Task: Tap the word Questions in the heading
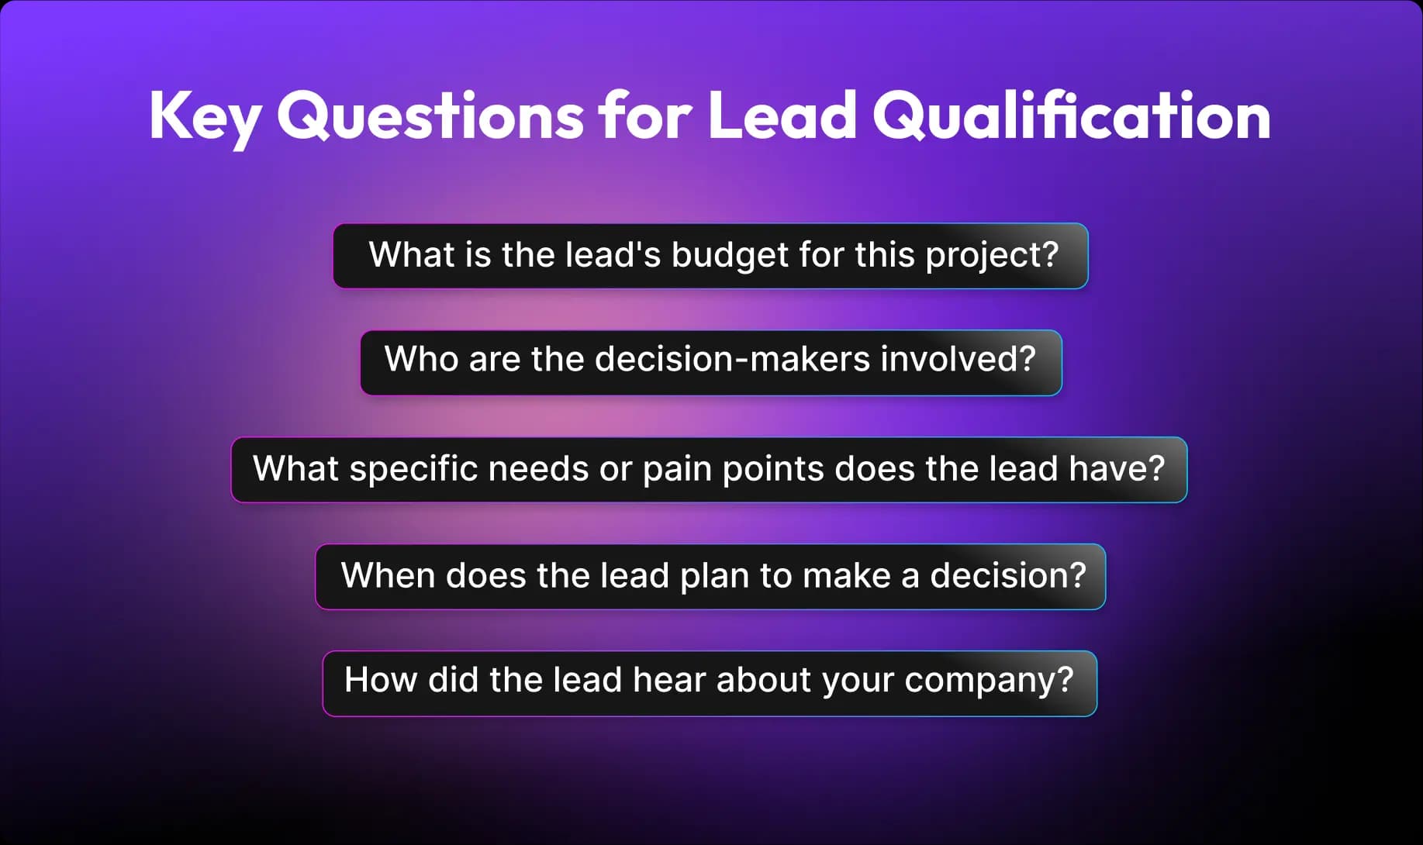430,116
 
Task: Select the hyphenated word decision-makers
732,359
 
